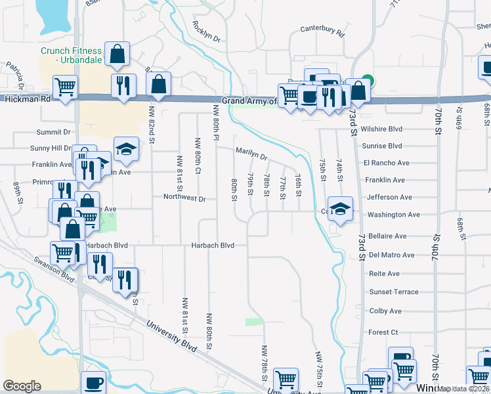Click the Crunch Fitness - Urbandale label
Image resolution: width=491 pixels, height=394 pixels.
pos(71,55)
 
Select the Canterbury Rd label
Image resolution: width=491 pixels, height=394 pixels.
pos(322,30)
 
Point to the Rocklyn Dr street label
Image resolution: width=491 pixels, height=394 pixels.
pos(205,33)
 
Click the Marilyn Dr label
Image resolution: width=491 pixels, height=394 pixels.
pos(251,154)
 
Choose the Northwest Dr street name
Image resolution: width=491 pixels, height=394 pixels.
pos(184,198)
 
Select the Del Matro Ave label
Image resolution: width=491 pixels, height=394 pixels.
pos(391,255)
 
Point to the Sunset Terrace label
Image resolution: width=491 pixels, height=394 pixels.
pos(393,292)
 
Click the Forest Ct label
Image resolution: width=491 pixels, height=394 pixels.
pos(383,332)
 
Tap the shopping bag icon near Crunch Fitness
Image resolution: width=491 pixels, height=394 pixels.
pos(117,56)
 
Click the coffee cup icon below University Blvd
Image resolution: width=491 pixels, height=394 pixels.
pos(93,383)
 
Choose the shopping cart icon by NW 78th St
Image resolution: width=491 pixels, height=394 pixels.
pos(286,379)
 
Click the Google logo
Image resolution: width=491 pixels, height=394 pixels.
pos(22,385)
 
